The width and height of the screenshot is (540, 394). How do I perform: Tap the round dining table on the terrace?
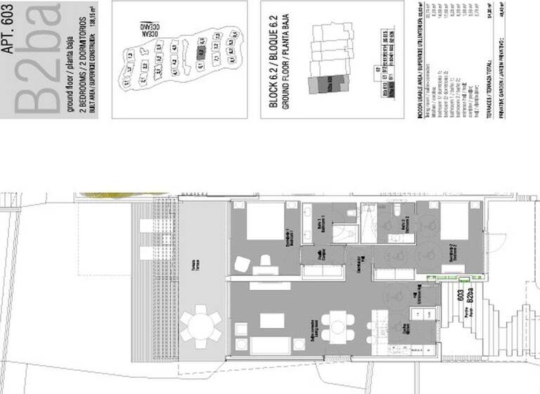(202, 326)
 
